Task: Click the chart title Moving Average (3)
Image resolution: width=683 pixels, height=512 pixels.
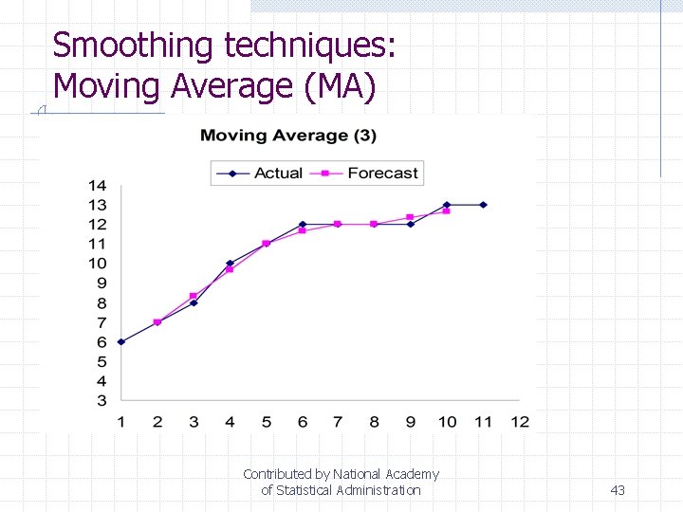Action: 288,136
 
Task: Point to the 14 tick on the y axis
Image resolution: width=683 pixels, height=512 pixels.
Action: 97,185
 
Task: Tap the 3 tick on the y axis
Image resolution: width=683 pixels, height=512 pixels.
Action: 101,400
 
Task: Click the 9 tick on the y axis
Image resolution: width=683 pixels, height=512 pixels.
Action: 101,283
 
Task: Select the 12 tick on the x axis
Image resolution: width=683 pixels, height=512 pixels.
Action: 519,421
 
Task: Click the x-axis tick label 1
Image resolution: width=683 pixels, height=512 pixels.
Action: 120,421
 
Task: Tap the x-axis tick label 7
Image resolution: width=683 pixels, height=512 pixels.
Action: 338,421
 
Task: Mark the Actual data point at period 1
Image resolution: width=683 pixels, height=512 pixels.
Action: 120,341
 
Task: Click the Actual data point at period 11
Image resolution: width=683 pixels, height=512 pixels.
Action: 483,205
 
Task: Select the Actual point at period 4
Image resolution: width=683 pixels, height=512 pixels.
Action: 230,263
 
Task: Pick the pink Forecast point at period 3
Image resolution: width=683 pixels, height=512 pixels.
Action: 194,296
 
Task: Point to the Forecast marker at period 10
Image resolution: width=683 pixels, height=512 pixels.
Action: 446,210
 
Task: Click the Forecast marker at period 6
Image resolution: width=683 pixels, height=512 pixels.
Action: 302,230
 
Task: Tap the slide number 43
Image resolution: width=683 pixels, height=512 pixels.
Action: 618,490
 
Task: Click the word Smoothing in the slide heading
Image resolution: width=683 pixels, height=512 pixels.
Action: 134,46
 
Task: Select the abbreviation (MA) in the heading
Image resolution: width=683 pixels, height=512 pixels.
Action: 340,86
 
